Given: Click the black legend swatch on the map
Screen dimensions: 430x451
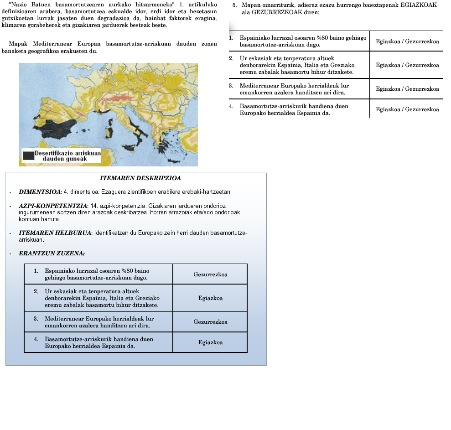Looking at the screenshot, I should click(28, 155).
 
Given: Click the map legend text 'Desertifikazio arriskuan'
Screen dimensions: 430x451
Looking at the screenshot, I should click(67, 153).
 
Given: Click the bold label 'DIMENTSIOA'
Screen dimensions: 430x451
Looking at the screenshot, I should click(39, 192).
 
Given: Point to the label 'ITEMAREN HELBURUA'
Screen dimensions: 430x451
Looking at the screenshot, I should click(55, 233).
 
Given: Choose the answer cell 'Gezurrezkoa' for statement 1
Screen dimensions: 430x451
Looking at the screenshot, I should click(210, 275).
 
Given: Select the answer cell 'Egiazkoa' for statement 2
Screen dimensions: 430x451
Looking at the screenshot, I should click(210, 298).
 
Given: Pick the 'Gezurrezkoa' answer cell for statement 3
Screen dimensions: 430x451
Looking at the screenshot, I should click(210, 322).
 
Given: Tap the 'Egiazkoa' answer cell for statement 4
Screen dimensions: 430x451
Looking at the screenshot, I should click(210, 342).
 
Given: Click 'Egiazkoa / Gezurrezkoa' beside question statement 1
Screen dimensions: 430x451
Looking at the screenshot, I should click(407, 41).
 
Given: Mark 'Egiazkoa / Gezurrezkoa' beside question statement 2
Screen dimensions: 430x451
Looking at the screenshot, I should click(407, 65).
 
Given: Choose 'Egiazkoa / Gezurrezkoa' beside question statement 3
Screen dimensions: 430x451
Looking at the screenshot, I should click(407, 89).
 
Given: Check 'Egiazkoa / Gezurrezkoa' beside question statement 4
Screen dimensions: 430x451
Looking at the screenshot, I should click(407, 109).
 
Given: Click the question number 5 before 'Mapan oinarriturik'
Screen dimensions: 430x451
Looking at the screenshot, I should click(234, 5).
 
